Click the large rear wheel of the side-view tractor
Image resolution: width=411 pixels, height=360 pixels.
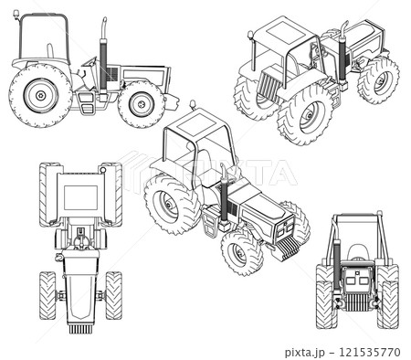coord(40,94)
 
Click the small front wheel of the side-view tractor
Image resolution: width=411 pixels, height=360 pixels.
coord(141,103)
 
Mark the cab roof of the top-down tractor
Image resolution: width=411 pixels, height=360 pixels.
coord(80,195)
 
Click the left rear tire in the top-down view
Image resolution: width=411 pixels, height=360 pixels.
coord(48,194)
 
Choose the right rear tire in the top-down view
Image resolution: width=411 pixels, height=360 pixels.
coord(112,194)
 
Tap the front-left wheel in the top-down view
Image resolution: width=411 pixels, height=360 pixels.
coord(47,294)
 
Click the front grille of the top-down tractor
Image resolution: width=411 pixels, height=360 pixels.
coord(80,326)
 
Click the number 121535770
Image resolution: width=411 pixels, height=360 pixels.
coord(368,351)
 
